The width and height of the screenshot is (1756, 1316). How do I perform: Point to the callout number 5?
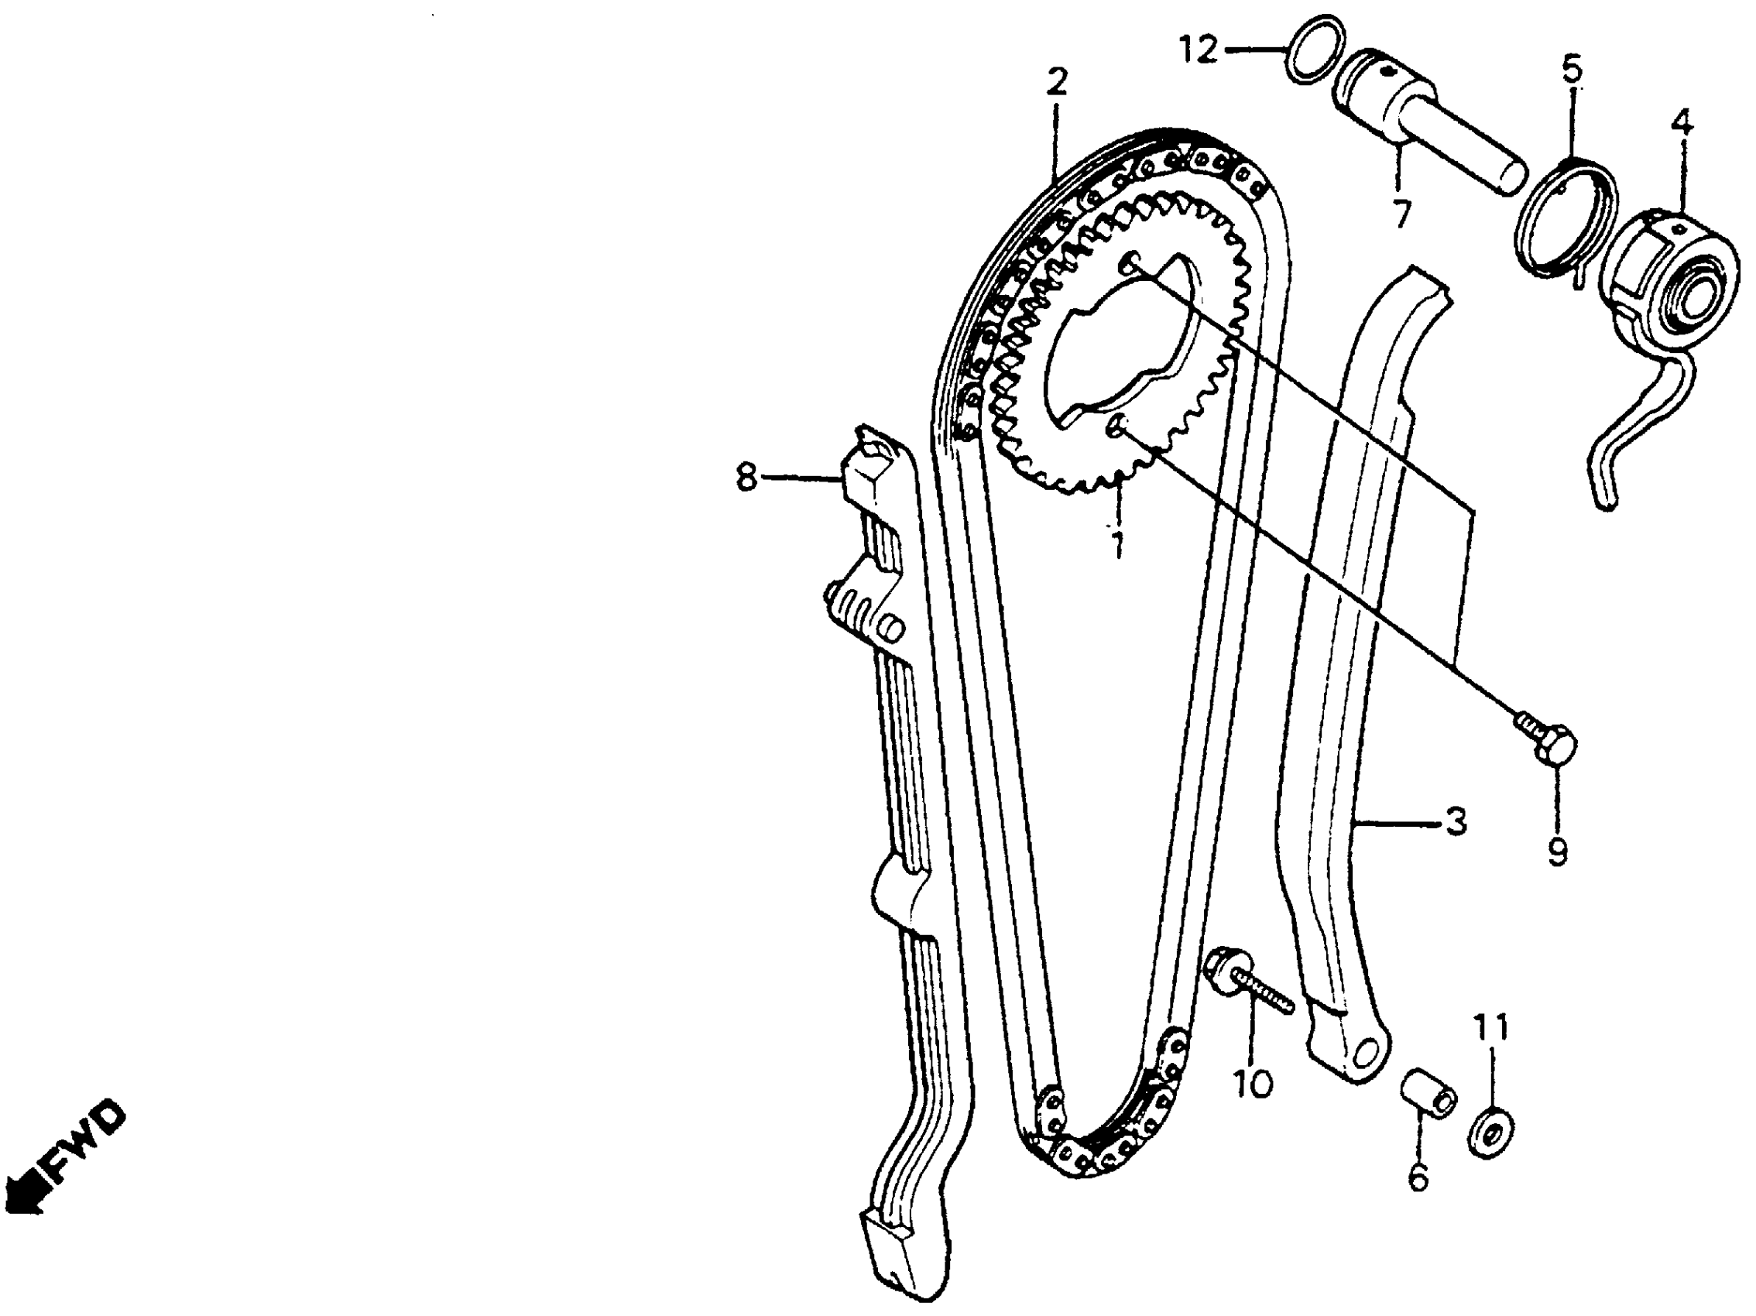[1571, 69]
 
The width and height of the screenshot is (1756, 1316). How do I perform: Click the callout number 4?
[1681, 123]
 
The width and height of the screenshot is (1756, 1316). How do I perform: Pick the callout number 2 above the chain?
[1057, 83]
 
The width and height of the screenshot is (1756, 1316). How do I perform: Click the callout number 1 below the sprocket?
[1118, 543]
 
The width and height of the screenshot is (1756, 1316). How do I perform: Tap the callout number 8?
[746, 477]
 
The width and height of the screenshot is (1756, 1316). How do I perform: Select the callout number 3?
[1455, 823]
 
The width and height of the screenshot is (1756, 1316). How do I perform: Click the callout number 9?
[1557, 852]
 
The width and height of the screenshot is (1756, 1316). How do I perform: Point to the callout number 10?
[1252, 1083]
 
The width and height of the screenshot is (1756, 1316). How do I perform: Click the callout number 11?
[1490, 1030]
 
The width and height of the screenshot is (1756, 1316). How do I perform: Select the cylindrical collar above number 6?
[1426, 1095]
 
